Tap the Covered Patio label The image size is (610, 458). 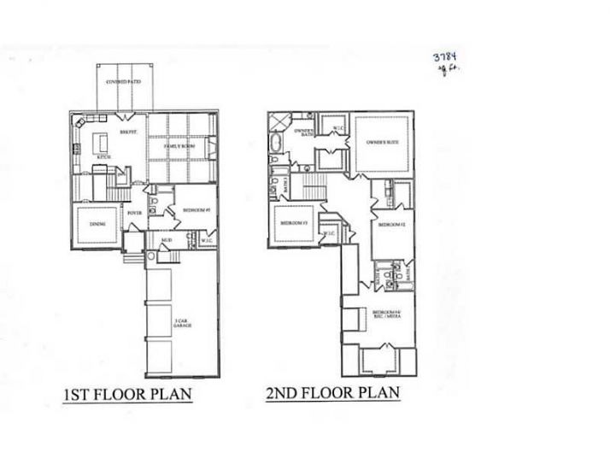[x=123, y=83]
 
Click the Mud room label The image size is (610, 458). [x=167, y=241]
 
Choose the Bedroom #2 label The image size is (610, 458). [x=391, y=224]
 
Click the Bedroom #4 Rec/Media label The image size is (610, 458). [x=386, y=314]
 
